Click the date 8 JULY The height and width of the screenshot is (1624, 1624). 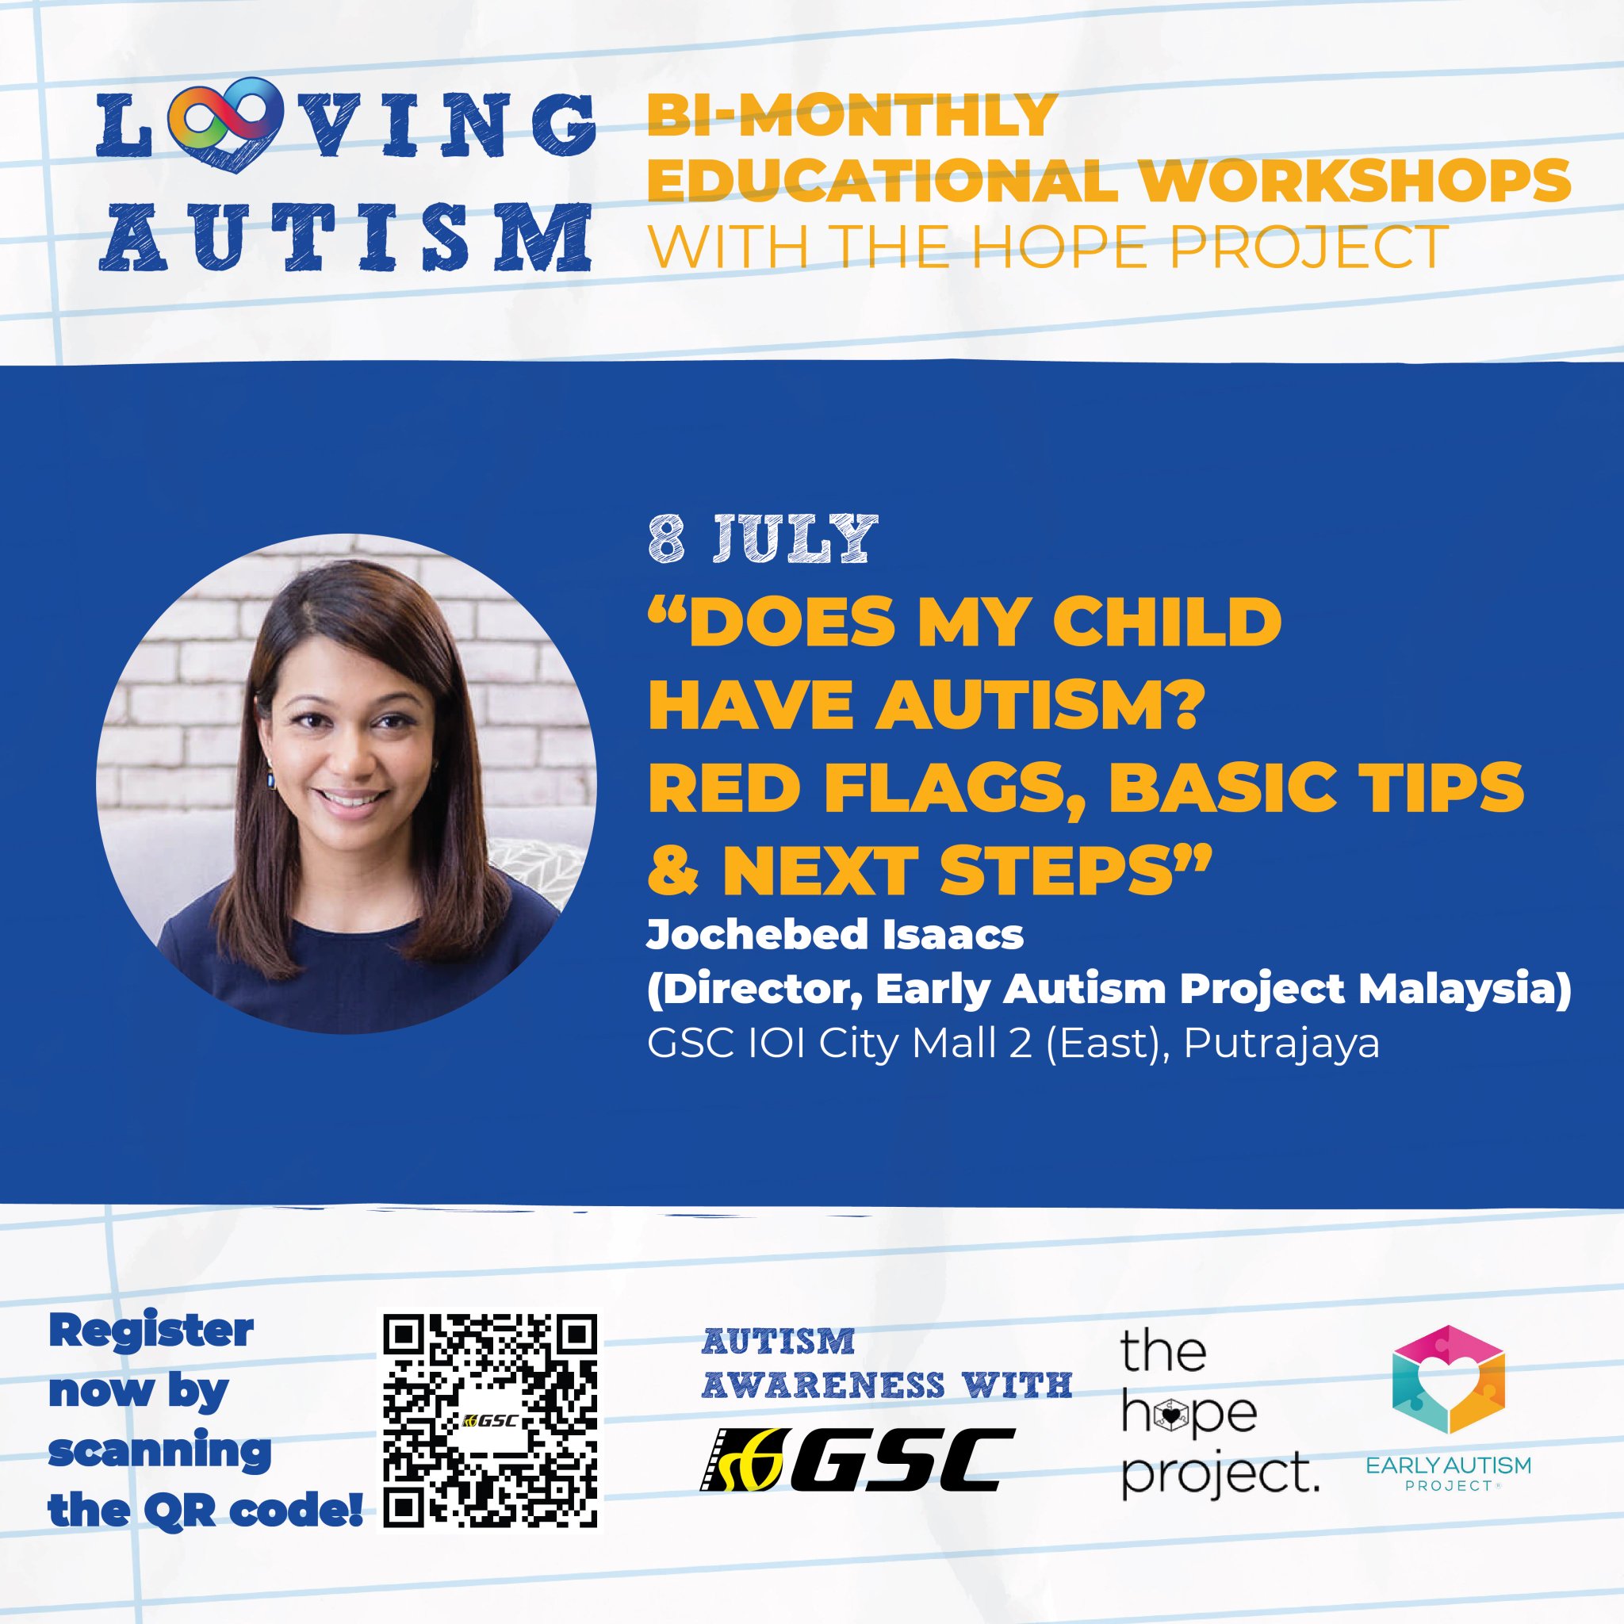(760, 540)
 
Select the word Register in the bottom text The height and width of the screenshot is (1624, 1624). (151, 1331)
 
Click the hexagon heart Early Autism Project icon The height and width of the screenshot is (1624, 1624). (1447, 1391)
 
